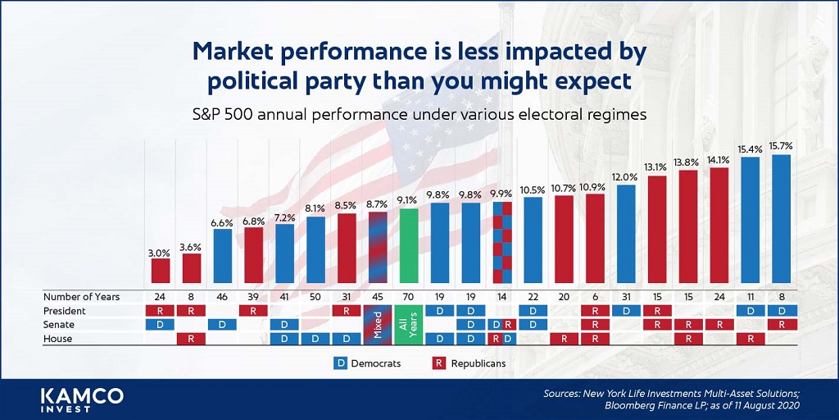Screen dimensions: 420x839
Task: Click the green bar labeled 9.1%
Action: (x=409, y=245)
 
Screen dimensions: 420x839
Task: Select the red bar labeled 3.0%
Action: (x=160, y=271)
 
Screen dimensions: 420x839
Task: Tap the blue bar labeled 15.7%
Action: (x=781, y=218)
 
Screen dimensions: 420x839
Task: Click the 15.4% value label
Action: (x=751, y=149)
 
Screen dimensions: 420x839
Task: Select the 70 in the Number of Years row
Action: (x=409, y=296)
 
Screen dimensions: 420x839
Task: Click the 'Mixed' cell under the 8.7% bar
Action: (x=378, y=324)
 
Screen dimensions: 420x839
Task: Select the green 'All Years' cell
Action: (x=409, y=324)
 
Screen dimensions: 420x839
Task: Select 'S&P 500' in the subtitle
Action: (x=217, y=115)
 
